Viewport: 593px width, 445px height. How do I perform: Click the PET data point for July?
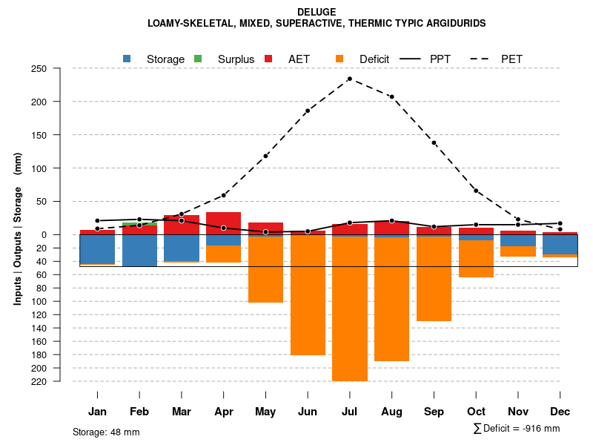[349, 79]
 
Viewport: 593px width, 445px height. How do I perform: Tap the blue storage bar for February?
[139, 251]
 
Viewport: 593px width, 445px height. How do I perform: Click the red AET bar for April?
[223, 222]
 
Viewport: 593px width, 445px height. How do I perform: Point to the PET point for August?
[391, 97]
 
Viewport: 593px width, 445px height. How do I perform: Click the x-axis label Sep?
[434, 412]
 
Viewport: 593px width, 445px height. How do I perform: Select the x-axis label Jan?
[97, 412]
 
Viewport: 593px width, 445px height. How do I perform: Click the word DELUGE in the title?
[317, 12]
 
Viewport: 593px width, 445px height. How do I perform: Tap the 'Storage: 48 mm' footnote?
[106, 432]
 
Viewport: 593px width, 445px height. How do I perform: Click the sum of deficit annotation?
[517, 429]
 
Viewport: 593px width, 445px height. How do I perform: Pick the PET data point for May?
[265, 156]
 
